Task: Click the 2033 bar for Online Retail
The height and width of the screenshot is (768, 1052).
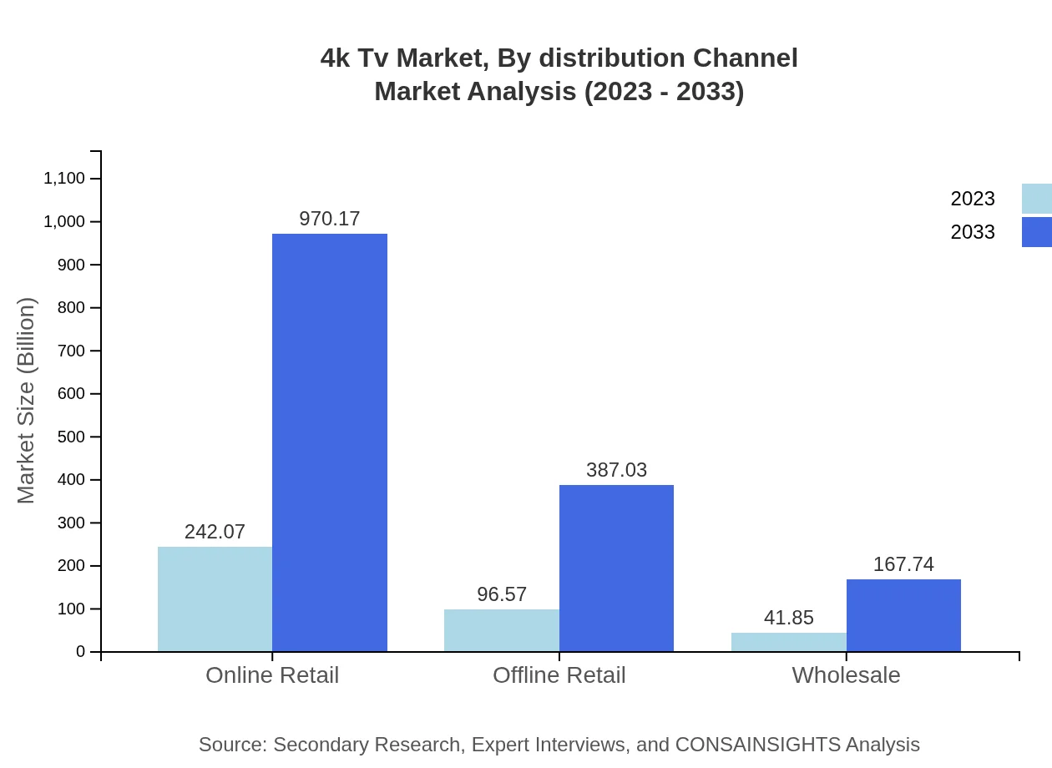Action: (330, 442)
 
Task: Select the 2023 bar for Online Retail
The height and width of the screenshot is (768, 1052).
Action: (215, 599)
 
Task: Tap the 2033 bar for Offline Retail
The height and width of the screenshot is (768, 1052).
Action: (616, 568)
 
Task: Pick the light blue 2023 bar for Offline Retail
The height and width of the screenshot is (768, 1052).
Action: (502, 630)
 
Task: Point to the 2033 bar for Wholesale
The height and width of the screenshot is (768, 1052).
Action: (903, 615)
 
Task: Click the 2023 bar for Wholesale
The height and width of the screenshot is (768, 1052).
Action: (789, 642)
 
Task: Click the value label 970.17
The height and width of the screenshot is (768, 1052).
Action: (330, 219)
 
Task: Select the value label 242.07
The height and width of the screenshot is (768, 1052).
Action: (215, 532)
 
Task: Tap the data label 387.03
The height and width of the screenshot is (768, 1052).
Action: (616, 470)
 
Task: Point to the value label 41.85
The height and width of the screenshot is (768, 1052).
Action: (789, 618)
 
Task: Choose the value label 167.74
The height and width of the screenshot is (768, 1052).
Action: (903, 564)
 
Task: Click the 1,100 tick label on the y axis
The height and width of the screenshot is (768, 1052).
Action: (64, 179)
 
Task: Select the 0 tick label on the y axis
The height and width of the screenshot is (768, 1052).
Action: (81, 652)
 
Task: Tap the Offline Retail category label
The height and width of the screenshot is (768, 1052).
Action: (559, 675)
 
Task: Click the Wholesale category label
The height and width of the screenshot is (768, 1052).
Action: (846, 675)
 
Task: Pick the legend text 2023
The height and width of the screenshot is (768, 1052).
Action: (973, 199)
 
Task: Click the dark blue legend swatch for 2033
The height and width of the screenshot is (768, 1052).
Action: (1036, 232)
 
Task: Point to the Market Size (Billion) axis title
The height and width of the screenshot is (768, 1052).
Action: (27, 401)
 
